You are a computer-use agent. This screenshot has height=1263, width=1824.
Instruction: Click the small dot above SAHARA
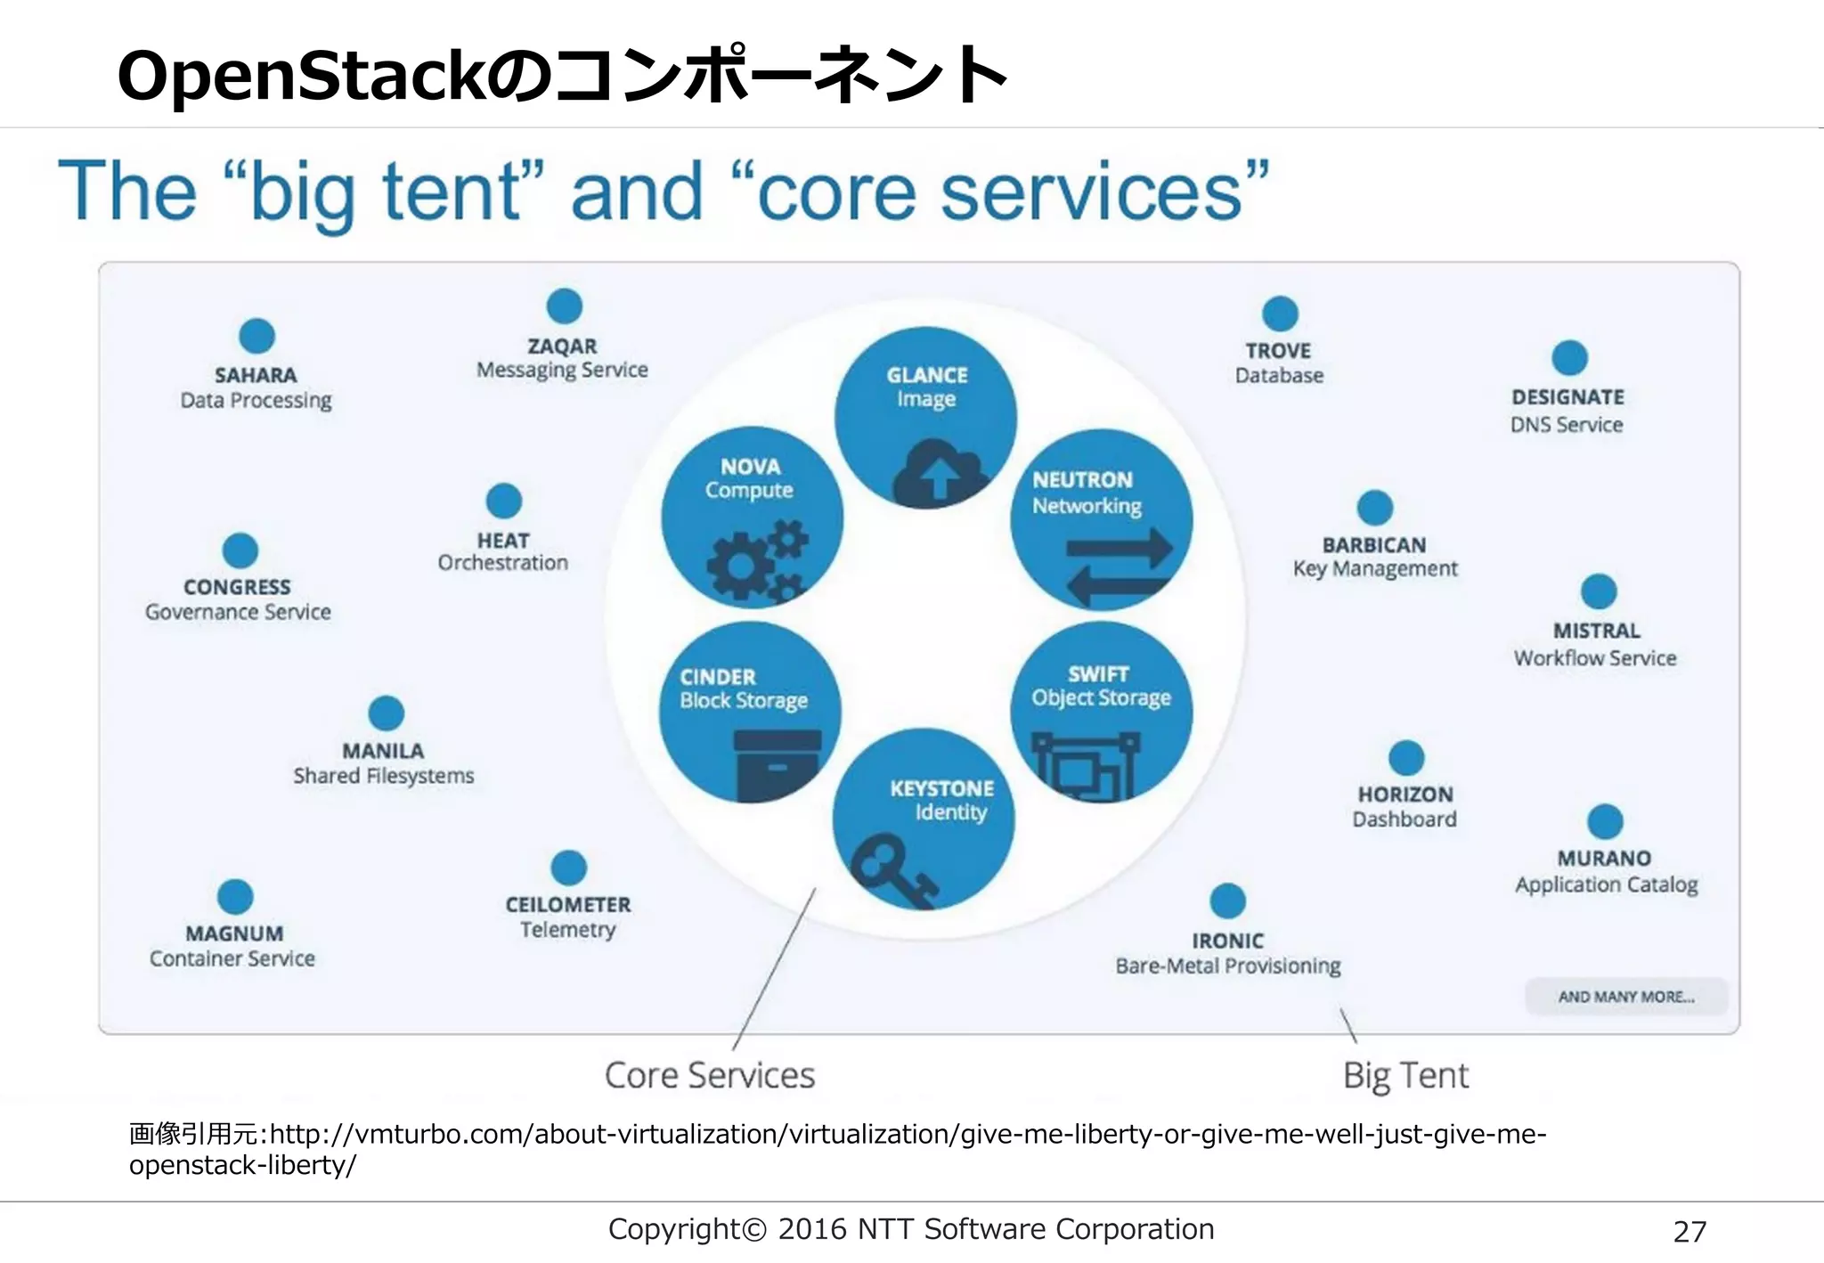(x=257, y=336)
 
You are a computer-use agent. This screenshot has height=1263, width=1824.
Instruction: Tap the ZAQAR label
(x=562, y=346)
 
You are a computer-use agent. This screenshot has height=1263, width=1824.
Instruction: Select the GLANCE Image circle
(x=925, y=417)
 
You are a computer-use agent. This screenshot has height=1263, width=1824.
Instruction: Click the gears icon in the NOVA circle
(x=757, y=559)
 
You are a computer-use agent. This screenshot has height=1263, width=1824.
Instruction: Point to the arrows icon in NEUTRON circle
(x=1119, y=565)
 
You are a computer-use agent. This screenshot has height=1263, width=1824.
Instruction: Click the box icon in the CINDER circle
(x=777, y=764)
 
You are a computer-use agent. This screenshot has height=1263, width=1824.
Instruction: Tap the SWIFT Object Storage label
(x=1101, y=686)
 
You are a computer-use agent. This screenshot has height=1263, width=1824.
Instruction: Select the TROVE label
(x=1278, y=351)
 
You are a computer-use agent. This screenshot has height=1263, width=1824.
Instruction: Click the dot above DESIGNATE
(x=1569, y=358)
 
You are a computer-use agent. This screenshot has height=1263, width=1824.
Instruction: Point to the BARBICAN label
(x=1374, y=545)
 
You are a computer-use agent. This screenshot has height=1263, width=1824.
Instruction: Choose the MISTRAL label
(x=1596, y=631)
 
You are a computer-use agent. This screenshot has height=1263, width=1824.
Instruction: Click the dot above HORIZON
(x=1406, y=758)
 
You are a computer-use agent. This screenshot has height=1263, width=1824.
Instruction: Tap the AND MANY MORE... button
(x=1626, y=997)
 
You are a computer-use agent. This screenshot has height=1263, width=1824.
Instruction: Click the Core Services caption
(x=710, y=1075)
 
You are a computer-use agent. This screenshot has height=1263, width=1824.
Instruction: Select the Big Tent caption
(x=1405, y=1075)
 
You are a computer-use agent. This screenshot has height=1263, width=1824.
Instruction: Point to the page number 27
(x=1690, y=1232)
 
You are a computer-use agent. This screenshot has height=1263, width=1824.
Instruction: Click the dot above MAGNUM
(x=235, y=897)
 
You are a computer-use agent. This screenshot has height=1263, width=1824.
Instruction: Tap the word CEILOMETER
(x=568, y=905)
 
